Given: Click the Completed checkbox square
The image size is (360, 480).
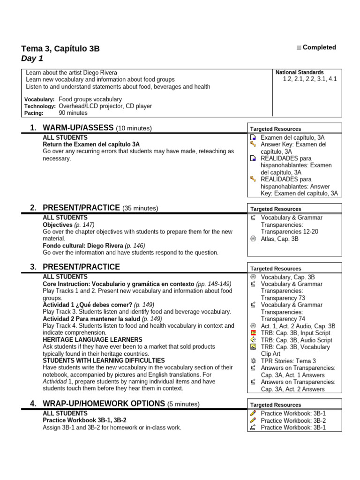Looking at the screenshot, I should click(x=299, y=48).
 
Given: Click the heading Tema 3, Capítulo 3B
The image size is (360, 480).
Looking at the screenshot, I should click(x=60, y=49).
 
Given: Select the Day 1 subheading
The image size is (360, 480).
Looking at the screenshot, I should click(x=32, y=59).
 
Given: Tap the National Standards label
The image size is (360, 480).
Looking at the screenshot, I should click(x=300, y=72).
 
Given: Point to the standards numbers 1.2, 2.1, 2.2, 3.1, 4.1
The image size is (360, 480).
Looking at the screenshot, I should click(x=310, y=79).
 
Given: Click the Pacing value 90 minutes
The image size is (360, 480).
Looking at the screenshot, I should click(x=73, y=113).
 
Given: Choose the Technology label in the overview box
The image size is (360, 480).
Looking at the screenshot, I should click(x=40, y=106).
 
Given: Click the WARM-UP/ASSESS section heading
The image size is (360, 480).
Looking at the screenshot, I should click(x=78, y=128).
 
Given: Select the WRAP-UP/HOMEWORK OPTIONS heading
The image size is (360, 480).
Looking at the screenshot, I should click(x=104, y=404).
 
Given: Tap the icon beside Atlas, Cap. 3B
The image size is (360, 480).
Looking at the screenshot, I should click(x=253, y=239).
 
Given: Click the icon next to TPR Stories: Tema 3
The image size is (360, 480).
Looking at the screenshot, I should click(x=253, y=361).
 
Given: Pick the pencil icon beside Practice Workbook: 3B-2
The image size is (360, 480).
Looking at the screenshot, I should click(x=253, y=420).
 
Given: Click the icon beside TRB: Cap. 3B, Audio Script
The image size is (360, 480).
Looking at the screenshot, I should click(x=253, y=340).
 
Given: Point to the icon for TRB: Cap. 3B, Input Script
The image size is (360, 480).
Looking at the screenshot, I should click(x=253, y=333).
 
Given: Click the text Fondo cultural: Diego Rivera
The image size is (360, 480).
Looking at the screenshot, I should click(x=83, y=246).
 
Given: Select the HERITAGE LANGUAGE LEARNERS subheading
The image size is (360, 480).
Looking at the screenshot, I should click(x=92, y=339).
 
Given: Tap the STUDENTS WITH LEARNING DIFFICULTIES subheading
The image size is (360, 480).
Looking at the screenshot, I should click(x=104, y=360).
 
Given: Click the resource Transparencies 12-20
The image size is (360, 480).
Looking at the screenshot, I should click(x=289, y=232).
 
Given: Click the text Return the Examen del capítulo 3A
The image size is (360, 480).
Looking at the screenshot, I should click(x=91, y=144).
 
